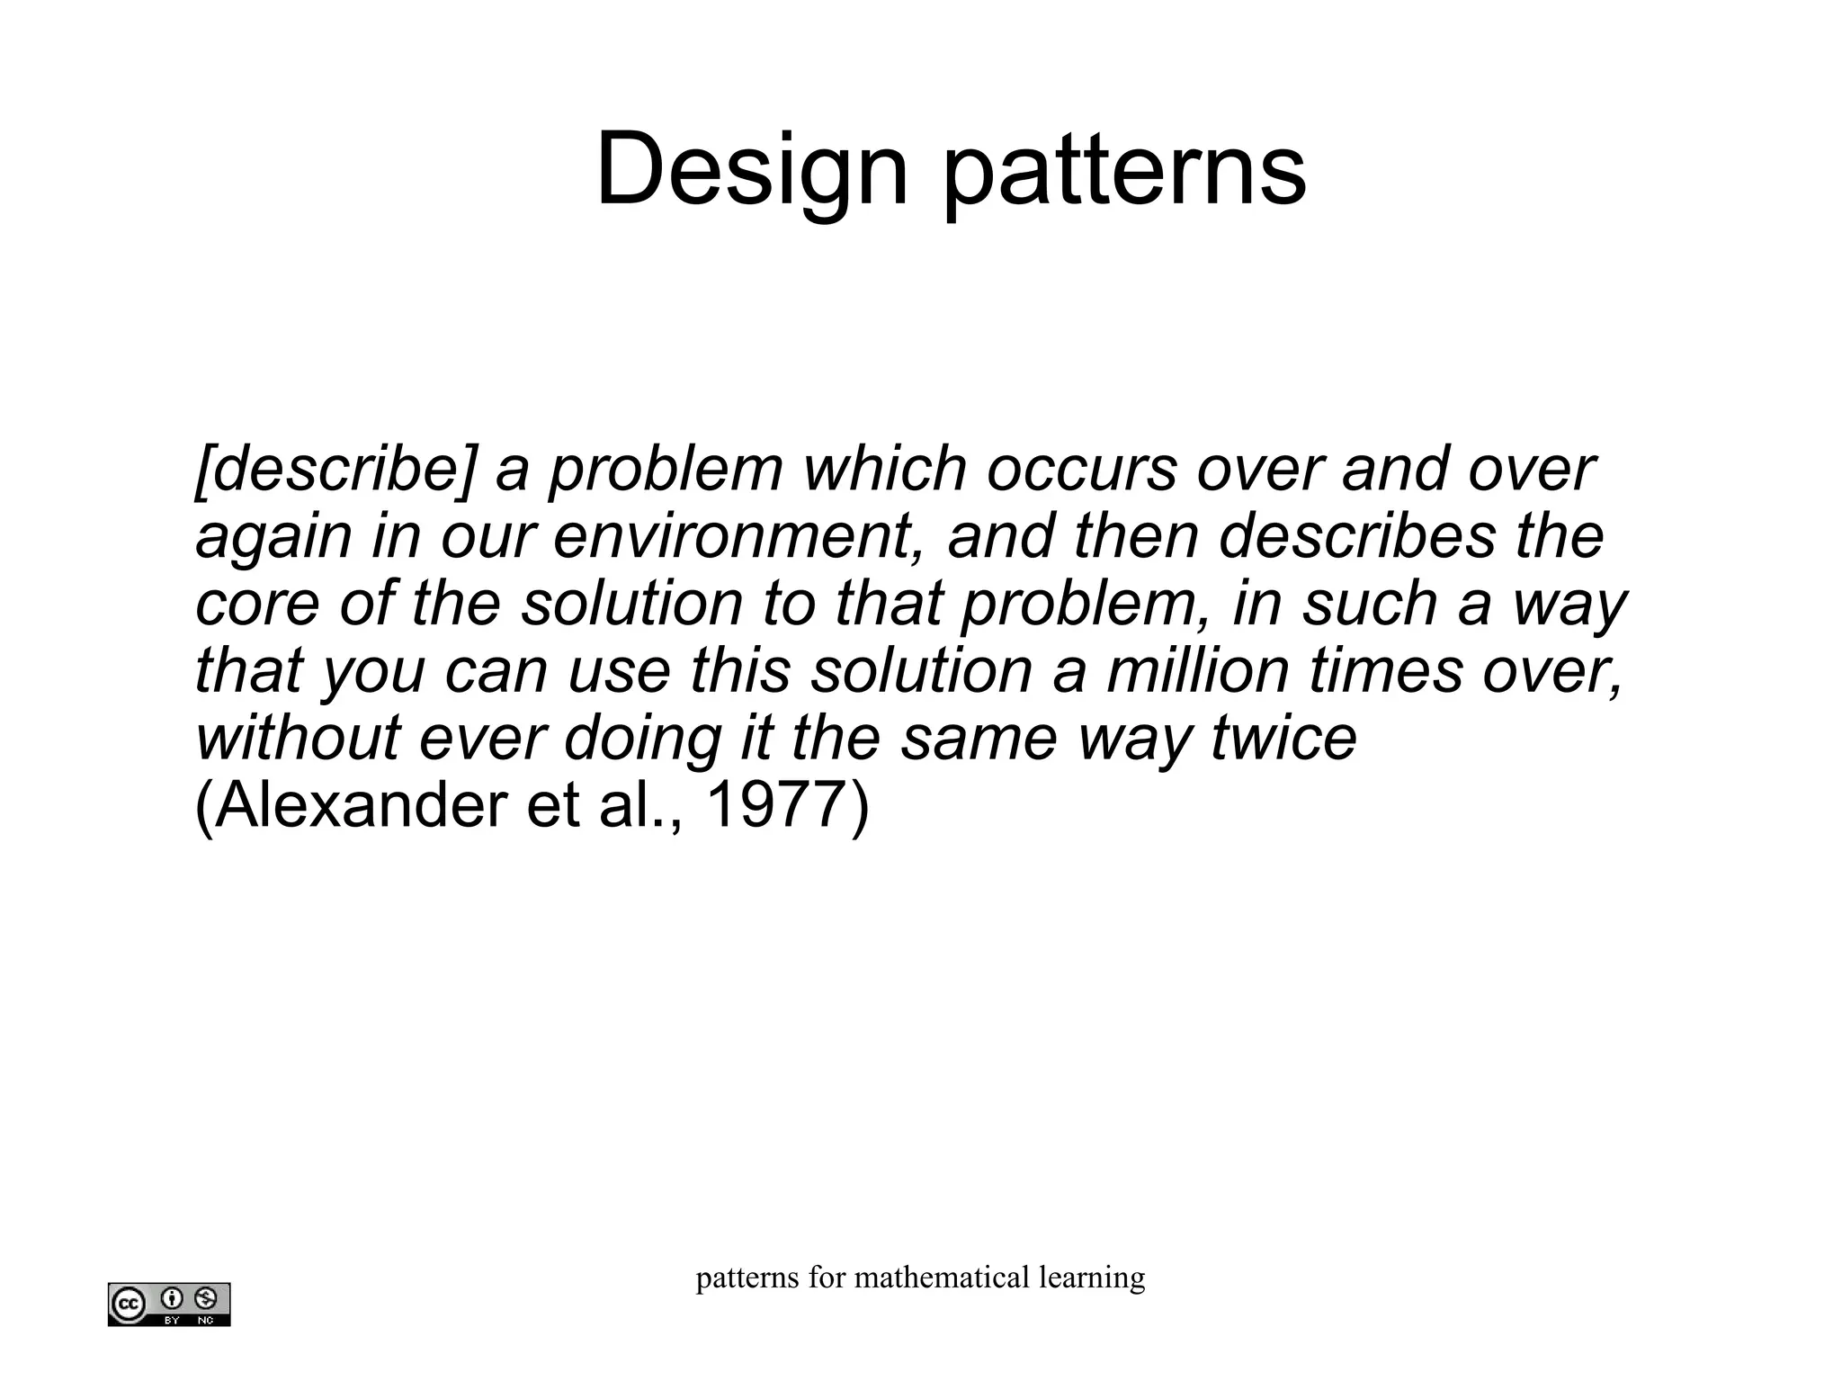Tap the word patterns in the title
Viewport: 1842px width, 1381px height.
pos(1124,171)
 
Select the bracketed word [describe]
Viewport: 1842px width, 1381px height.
pos(334,470)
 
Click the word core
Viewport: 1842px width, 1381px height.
pos(257,604)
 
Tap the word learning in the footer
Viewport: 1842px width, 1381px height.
pos(1091,1278)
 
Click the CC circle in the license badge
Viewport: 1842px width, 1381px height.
pos(128,1304)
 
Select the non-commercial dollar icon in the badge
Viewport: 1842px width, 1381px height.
pos(206,1298)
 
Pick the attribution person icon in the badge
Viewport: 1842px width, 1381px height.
pos(172,1298)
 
